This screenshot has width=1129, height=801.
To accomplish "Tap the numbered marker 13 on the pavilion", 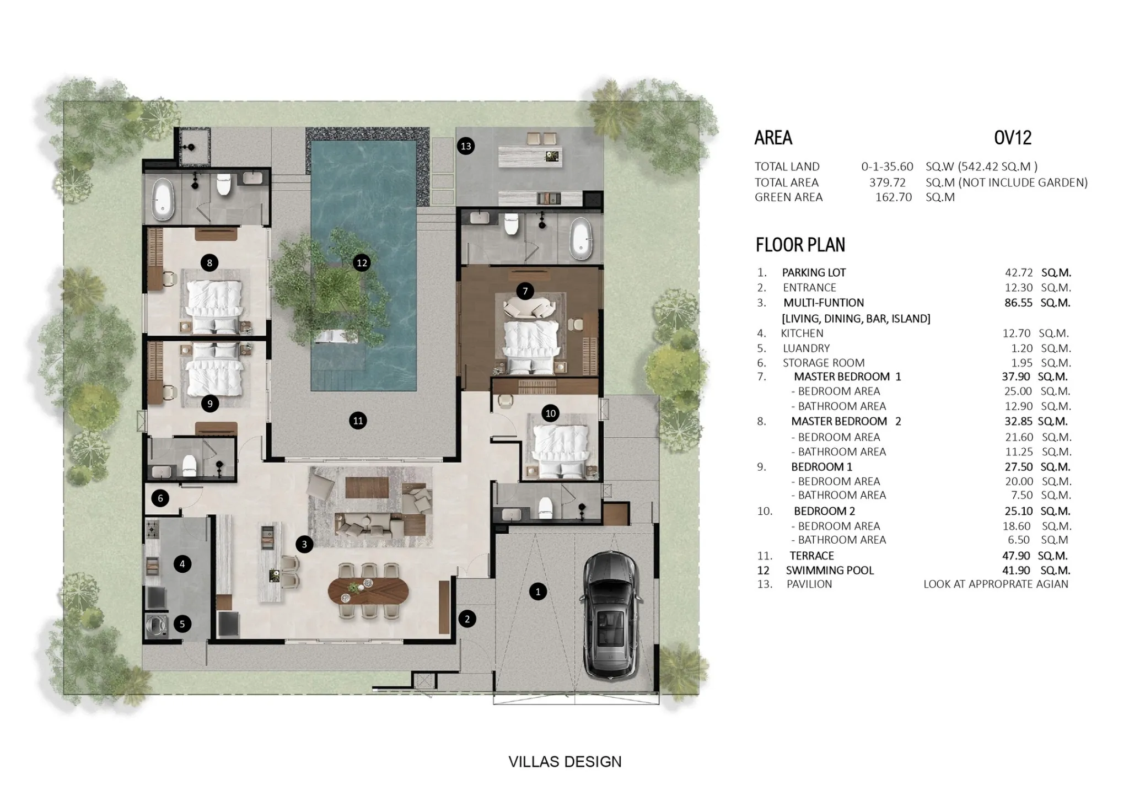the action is coord(466,146).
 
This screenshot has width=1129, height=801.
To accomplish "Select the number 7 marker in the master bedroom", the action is coord(525,291).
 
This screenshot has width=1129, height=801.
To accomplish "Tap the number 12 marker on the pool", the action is coord(362,263).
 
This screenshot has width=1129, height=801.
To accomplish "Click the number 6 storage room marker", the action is coord(160,498).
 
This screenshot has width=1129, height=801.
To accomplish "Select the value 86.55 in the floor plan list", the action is coord(1018,303).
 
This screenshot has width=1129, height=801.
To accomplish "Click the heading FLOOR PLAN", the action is coord(800,245).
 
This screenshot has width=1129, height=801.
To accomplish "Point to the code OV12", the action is coord(1013,138).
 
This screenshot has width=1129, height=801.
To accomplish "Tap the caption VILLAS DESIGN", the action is coord(564,762).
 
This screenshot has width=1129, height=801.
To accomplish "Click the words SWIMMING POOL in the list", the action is coord(830,571).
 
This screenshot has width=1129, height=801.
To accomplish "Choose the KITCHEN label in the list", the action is coord(802,334).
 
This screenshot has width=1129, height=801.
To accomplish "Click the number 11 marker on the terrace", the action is coord(358,421).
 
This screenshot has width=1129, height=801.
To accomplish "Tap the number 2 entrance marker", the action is coord(467,619).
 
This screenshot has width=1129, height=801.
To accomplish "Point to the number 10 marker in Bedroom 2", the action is coord(550,413).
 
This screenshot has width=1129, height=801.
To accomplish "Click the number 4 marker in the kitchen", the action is coord(182,564).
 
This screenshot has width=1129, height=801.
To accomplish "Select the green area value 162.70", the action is coord(894,197).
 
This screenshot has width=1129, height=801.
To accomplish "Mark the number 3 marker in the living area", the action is coord(304,545).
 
